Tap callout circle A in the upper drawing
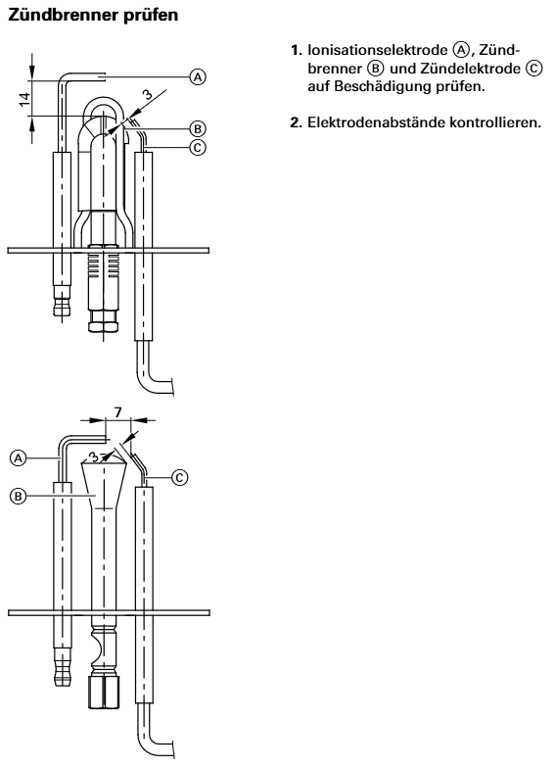pos(198,76)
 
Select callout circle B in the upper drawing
pos(198,129)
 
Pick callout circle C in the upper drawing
pos(198,147)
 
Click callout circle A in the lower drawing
pos(18,458)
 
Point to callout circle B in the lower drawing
pos(18,496)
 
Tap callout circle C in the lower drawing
pos(180,476)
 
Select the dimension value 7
pos(118,412)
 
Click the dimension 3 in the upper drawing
pos(149,94)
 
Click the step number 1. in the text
pos(296,51)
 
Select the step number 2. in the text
pos(296,121)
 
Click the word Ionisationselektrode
pos(378,51)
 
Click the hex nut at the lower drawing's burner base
pos(104,692)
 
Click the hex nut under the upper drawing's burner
pos(104,326)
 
